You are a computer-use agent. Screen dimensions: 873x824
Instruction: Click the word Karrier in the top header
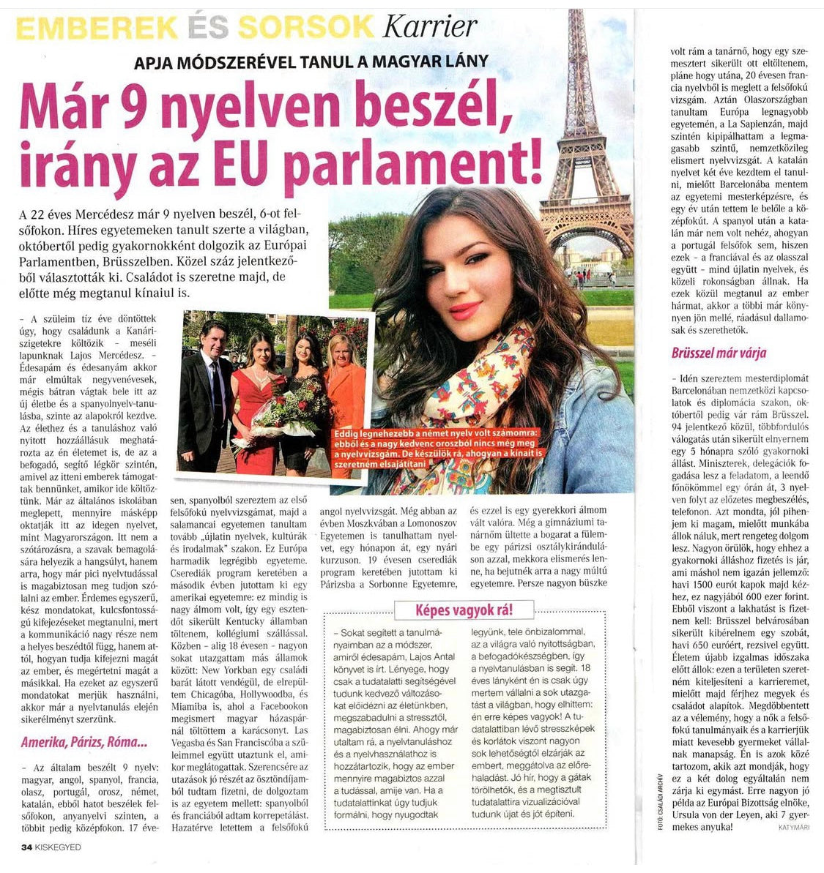point(429,27)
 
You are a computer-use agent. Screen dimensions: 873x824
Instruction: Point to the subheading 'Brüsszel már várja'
point(719,353)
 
